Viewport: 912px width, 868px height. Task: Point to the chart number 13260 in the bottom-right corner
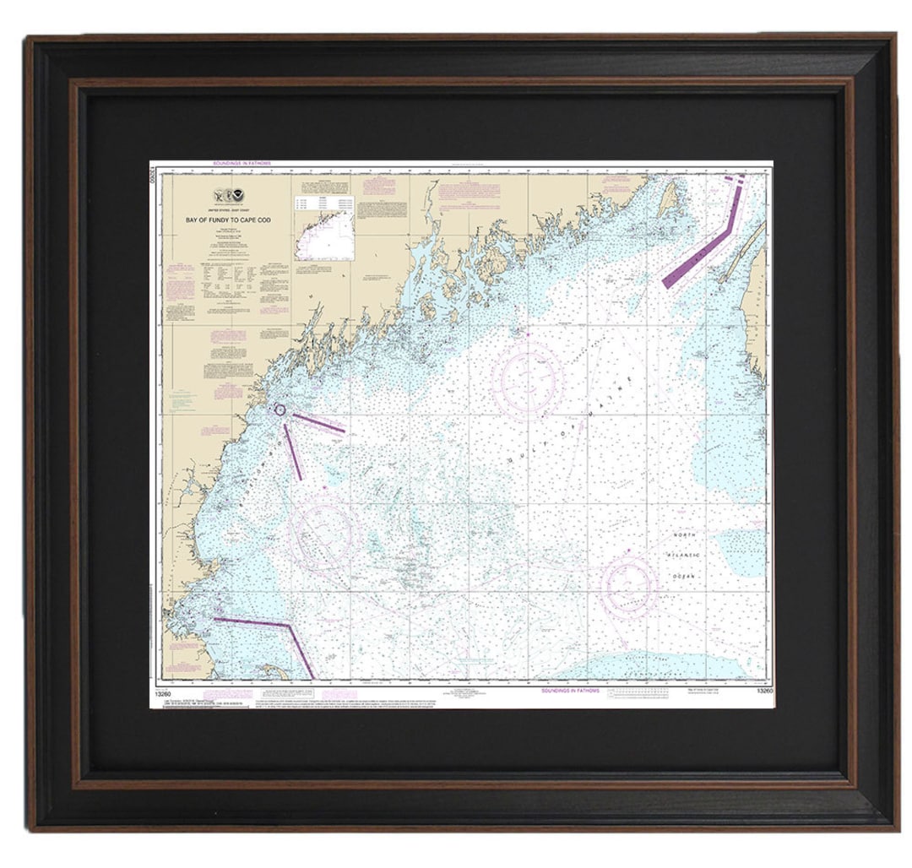[x=765, y=692]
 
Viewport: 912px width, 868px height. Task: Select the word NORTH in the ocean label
[x=685, y=536]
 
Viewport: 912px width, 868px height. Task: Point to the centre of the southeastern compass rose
[x=629, y=584]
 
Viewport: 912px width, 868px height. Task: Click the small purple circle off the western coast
[x=280, y=410]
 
